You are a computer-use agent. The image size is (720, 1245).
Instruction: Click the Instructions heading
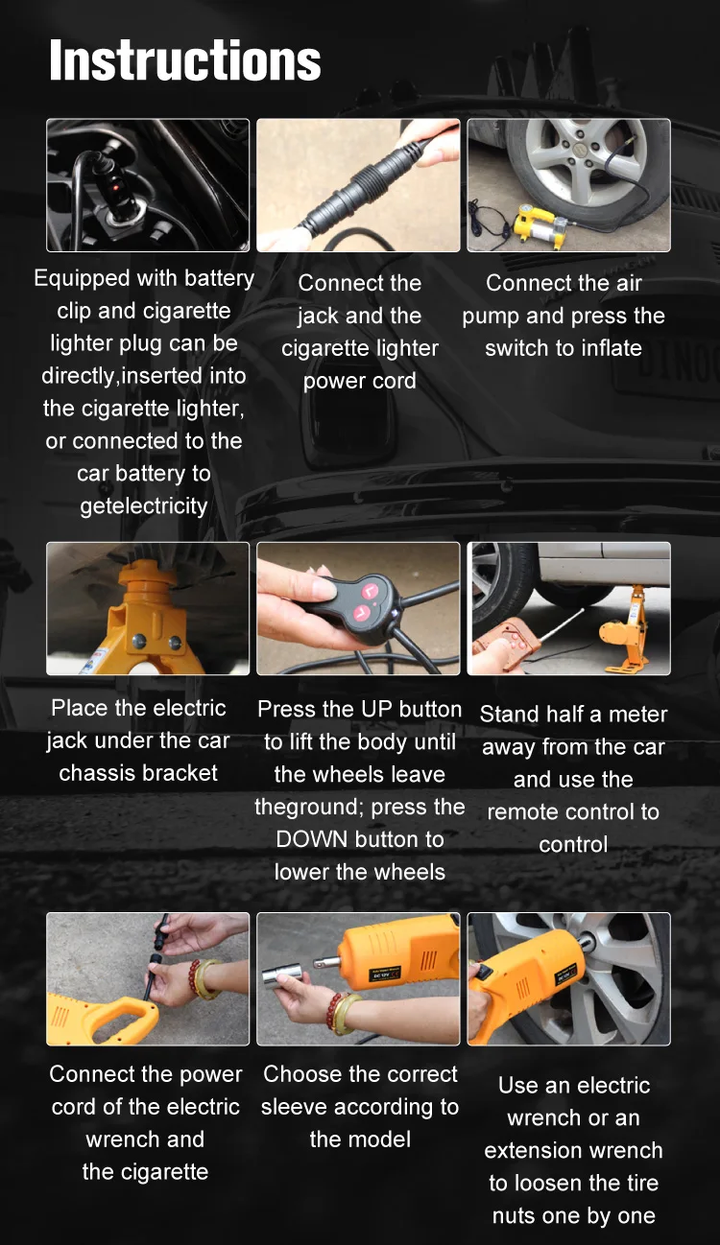(x=184, y=60)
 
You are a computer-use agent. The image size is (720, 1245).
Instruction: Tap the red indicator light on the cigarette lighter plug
(x=117, y=188)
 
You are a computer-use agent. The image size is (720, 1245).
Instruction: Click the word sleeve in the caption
(x=292, y=1107)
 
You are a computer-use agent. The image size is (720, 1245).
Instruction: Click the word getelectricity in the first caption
(x=144, y=506)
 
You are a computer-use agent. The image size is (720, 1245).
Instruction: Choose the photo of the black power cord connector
(x=358, y=185)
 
